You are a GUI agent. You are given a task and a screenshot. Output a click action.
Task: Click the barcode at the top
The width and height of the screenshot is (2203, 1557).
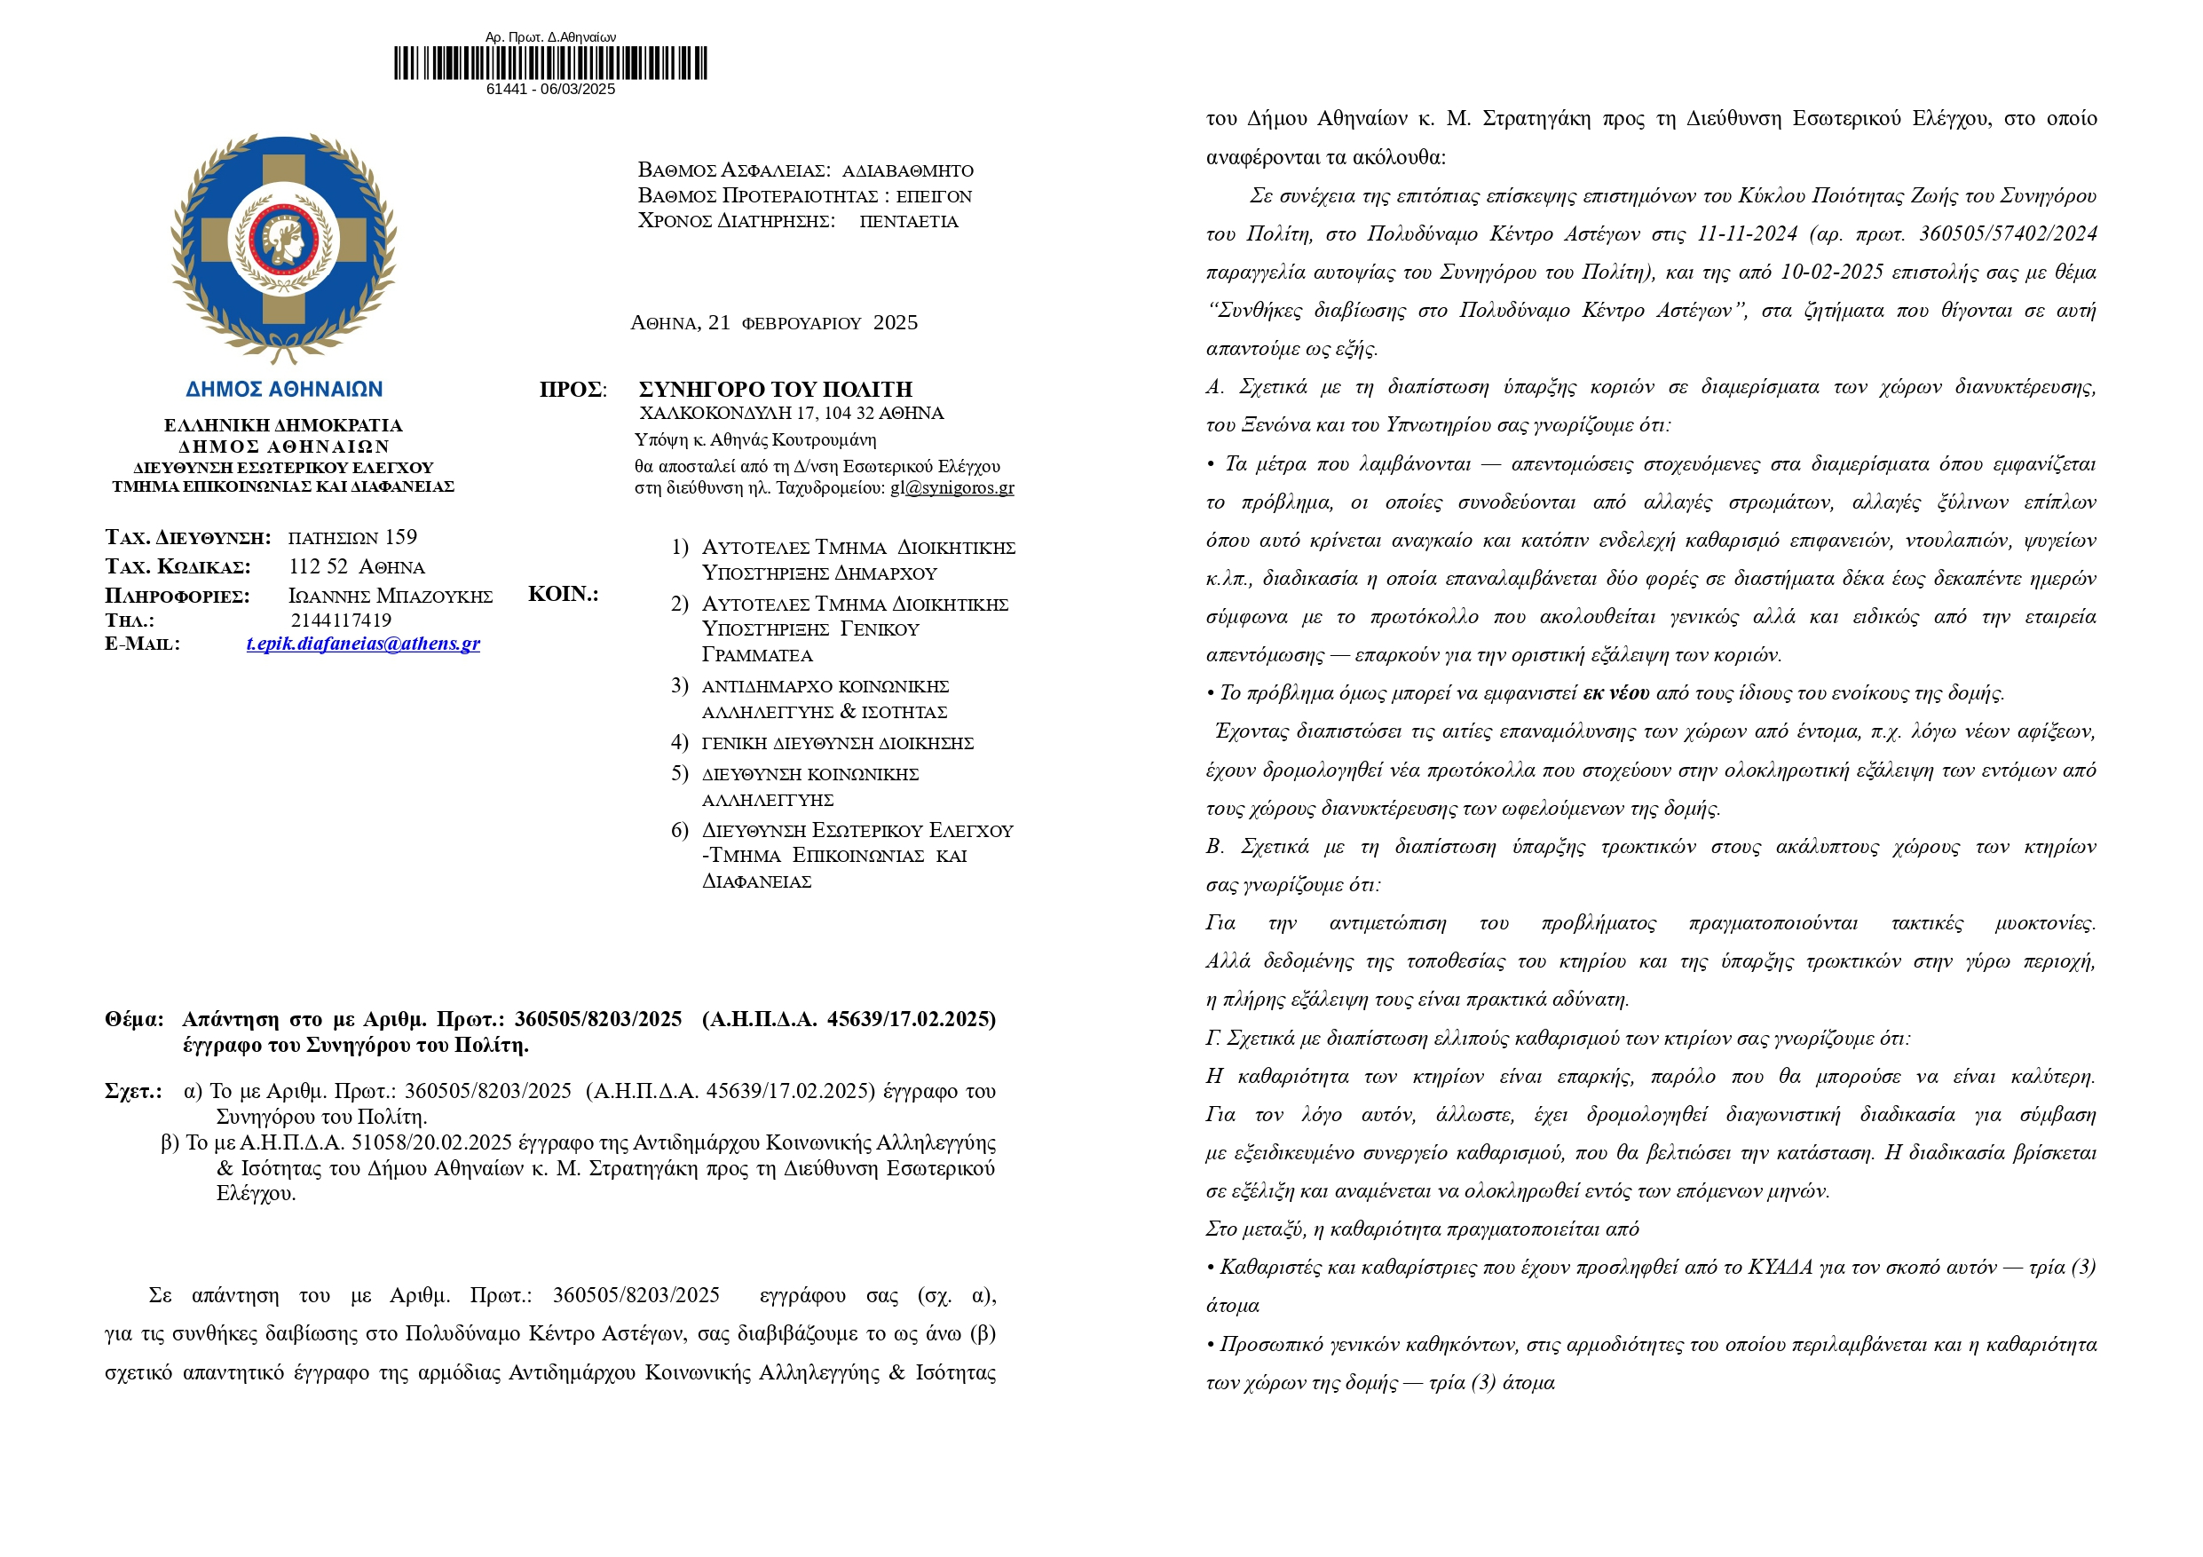549,63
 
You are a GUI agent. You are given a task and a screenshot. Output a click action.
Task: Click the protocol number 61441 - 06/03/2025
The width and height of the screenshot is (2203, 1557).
549,90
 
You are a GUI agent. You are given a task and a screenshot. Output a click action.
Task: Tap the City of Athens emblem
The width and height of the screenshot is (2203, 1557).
283,249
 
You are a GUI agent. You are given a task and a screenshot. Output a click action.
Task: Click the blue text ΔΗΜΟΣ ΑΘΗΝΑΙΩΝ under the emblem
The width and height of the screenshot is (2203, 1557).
284,390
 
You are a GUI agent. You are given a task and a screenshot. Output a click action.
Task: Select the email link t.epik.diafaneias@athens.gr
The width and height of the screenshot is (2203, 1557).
363,644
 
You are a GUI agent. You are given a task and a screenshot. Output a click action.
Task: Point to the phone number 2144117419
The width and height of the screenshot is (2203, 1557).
341,620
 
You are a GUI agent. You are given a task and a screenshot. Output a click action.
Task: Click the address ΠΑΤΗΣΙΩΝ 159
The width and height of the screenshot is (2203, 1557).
352,537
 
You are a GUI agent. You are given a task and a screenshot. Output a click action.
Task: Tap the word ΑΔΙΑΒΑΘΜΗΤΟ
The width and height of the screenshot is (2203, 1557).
907,170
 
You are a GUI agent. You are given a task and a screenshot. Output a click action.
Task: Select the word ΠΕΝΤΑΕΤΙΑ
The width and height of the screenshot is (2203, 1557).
908,222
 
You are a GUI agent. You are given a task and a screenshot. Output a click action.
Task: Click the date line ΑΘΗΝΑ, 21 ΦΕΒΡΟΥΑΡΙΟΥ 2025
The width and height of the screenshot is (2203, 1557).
773,323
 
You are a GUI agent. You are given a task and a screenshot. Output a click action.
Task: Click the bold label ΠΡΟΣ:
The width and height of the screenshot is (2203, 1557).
572,390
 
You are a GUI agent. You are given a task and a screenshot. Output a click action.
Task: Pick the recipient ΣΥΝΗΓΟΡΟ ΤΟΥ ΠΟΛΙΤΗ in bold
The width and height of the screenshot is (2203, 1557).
775,390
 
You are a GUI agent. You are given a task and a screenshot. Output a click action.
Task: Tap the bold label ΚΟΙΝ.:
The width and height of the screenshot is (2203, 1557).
564,594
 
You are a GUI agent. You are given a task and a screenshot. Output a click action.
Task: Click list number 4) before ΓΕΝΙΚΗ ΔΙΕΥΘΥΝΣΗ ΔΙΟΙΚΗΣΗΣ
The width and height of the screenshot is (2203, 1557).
679,741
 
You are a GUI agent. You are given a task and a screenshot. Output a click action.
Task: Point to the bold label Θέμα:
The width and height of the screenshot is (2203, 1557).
134,1019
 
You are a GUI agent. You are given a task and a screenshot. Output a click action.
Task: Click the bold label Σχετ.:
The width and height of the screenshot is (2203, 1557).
133,1091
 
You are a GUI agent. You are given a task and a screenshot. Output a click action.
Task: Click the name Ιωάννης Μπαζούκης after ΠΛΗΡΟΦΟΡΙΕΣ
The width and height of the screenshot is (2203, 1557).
390,596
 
